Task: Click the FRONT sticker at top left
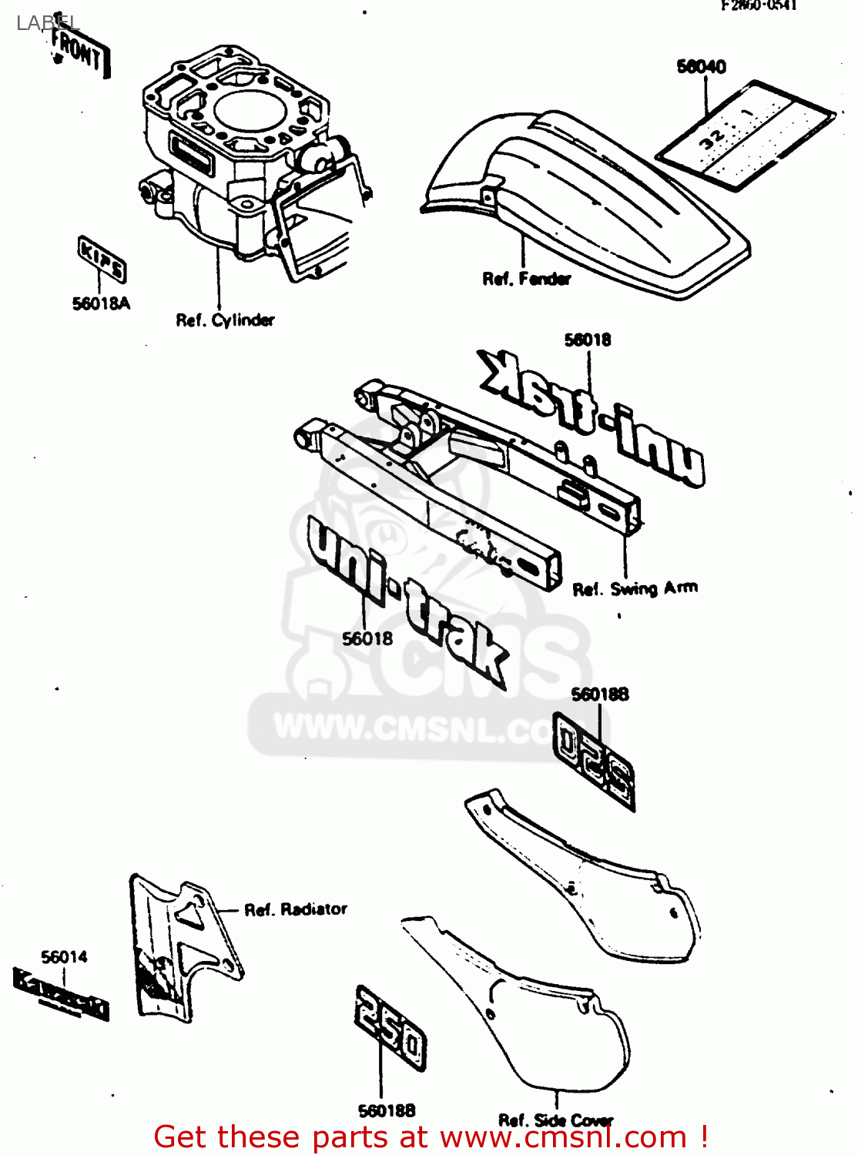79,52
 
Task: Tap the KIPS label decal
102,259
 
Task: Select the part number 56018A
101,303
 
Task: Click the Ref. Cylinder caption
225,320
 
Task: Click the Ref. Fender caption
527,279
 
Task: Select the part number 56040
701,67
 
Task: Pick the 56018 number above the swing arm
588,340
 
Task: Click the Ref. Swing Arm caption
635,589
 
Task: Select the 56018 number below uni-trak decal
367,638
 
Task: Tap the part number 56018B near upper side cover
600,694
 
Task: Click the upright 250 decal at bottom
390,1028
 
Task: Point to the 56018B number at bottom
387,1110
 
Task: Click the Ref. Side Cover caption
555,1120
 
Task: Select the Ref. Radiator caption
296,909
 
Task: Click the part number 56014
64,957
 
